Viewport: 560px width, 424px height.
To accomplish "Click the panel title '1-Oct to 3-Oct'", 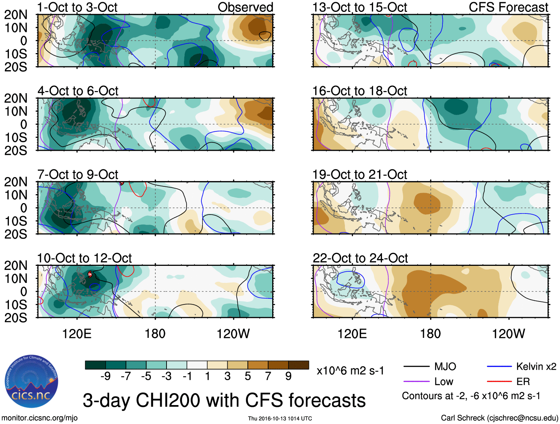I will click(x=77, y=7).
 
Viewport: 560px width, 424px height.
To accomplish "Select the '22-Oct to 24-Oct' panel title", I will click(x=360, y=258).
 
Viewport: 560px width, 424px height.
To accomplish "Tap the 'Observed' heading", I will click(x=245, y=7).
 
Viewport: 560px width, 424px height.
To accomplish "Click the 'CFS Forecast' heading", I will click(x=508, y=7).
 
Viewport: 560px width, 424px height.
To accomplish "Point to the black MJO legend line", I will click(x=416, y=367).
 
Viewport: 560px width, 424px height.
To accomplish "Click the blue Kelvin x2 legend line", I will click(x=499, y=367).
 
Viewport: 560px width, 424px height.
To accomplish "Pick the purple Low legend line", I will click(x=416, y=382).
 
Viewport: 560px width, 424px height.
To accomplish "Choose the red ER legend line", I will click(x=499, y=382).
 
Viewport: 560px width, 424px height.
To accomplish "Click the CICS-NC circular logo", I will click(x=32, y=382).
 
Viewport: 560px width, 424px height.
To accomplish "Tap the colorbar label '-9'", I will click(x=105, y=376).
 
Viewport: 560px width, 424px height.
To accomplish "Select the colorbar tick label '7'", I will click(x=268, y=376).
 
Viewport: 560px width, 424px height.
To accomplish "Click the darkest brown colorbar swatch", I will click(x=299, y=365).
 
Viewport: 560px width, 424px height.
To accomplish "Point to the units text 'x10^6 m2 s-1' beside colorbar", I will click(x=350, y=371).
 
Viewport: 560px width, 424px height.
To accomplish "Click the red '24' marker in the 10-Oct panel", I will click(x=90, y=274).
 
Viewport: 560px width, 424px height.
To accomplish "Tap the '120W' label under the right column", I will click(x=508, y=334).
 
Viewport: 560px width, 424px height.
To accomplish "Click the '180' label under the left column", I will click(x=155, y=334).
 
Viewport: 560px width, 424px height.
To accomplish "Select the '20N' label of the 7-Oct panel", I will click(x=16, y=182).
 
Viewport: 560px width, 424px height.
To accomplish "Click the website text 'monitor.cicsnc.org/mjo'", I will click(x=40, y=418).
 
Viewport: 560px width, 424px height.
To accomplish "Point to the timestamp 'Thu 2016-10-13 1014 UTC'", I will click(x=280, y=418).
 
